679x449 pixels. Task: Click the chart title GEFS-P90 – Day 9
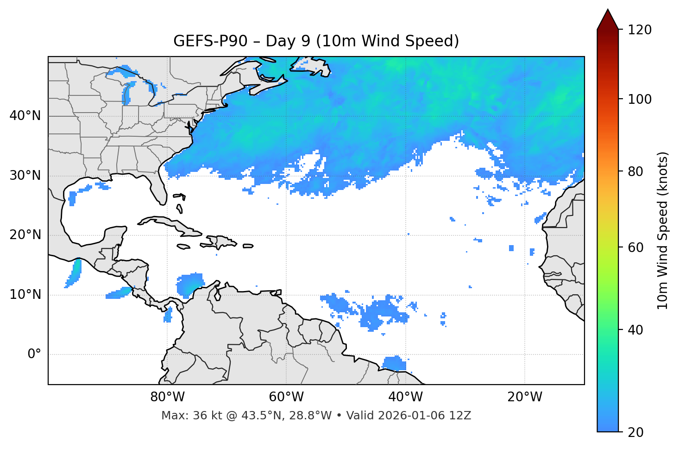tap(316, 41)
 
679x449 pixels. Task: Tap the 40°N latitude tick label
tap(25, 115)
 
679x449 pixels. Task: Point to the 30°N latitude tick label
tap(25, 176)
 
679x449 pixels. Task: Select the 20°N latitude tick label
tap(25, 235)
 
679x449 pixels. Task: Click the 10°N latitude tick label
tap(25, 295)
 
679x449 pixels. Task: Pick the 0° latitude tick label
tap(34, 354)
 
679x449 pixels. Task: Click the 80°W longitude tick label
tap(167, 397)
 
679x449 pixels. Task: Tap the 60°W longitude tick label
tap(286, 397)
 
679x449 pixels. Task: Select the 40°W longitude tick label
tap(405, 397)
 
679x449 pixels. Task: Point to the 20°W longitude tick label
tap(524, 397)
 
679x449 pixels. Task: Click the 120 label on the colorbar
tap(640, 30)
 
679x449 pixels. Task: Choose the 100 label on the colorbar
tap(640, 99)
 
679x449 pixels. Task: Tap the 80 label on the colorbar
tap(636, 171)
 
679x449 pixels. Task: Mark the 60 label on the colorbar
tap(636, 247)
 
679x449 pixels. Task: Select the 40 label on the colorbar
tap(636, 330)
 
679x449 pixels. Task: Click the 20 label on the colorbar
tap(636, 432)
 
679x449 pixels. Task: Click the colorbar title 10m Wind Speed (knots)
tap(663, 230)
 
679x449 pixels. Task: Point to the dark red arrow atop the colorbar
tap(608, 19)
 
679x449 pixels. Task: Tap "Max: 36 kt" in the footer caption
tap(183, 416)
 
